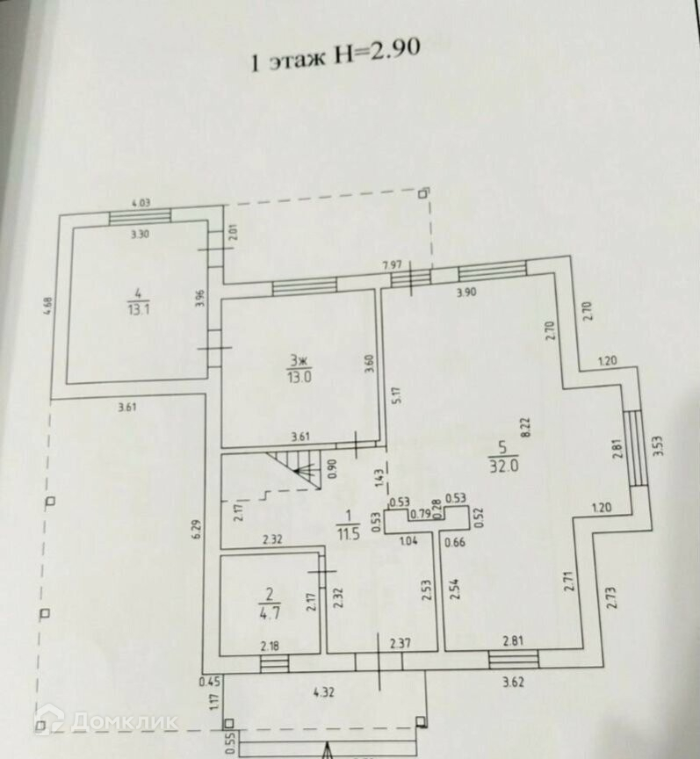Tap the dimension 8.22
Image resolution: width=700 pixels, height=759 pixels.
[x=525, y=429]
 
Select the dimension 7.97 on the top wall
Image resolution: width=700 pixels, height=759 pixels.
[x=393, y=264]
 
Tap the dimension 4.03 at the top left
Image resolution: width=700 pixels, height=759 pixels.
[x=140, y=203]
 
